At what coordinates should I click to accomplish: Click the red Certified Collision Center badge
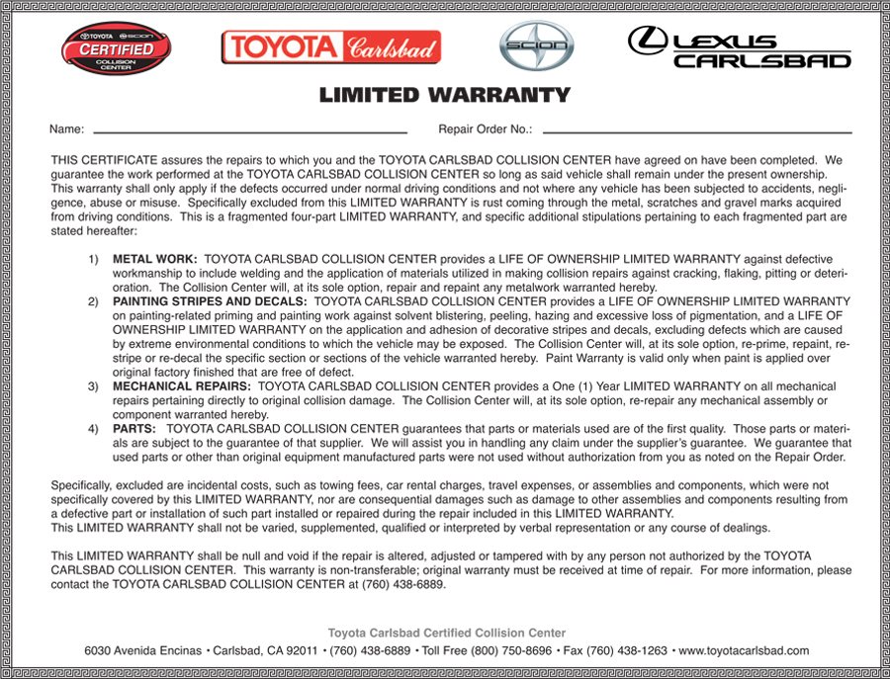(115, 46)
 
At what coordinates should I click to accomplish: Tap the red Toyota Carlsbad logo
(331, 46)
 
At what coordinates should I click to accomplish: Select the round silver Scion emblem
(536, 46)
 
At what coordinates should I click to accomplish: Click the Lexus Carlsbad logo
(739, 46)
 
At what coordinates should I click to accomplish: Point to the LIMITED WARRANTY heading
(444, 95)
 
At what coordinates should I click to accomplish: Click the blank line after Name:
(249, 130)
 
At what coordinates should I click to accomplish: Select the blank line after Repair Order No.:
(697, 130)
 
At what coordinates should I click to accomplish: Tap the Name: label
(66, 129)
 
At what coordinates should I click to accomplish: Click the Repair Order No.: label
(485, 129)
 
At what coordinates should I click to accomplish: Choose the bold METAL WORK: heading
(155, 259)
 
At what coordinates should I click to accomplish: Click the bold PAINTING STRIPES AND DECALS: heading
(210, 300)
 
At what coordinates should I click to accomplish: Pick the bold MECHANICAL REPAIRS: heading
(182, 385)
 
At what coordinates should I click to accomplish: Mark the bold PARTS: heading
(134, 429)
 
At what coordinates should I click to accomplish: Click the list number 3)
(93, 385)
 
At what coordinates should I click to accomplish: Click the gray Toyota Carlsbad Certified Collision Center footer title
(447, 633)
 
